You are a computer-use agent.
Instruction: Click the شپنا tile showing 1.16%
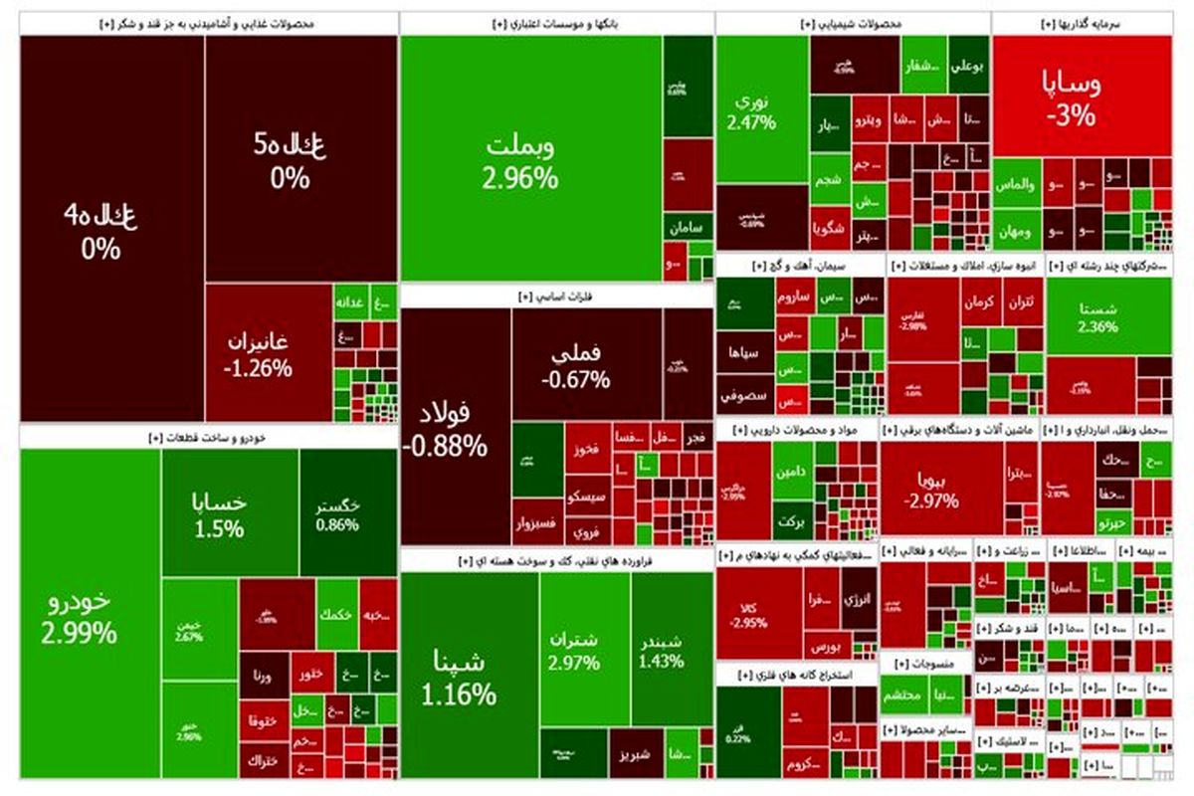(468, 677)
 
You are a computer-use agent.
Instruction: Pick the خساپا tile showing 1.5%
(229, 512)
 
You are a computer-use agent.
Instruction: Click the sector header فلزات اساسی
(557, 296)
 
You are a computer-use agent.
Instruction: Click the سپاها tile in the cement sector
(745, 352)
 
